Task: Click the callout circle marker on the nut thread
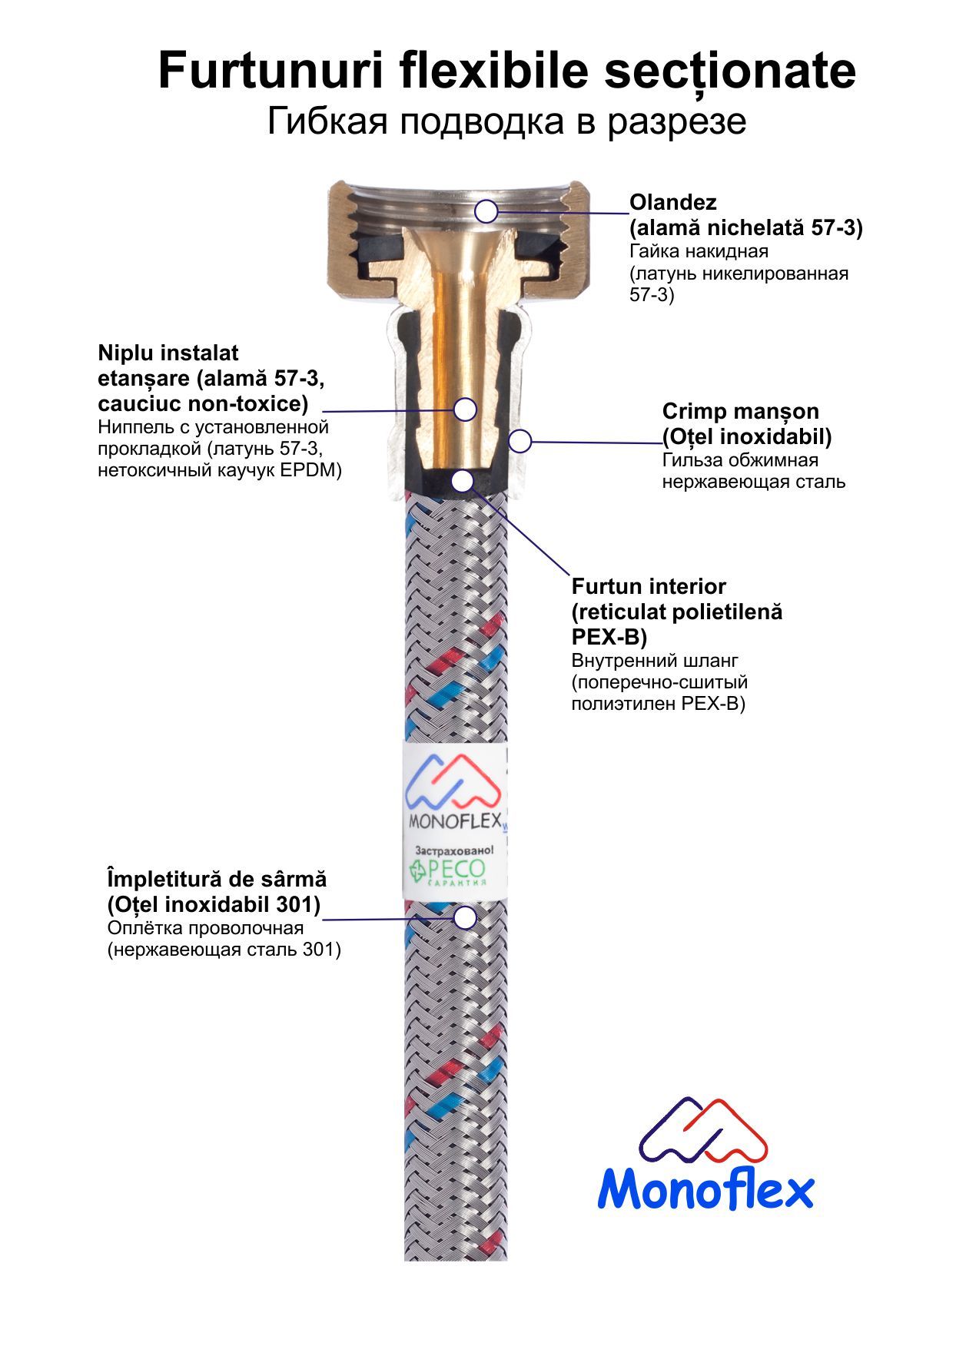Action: tap(486, 211)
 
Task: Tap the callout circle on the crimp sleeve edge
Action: tap(521, 441)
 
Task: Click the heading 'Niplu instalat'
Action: tap(168, 353)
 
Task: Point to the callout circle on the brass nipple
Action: tap(465, 409)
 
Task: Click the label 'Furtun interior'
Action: tap(649, 587)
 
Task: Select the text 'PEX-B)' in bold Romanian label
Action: tap(609, 638)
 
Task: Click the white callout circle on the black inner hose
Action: tap(462, 482)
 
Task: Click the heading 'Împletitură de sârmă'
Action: tap(217, 879)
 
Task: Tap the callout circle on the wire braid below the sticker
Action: tap(464, 917)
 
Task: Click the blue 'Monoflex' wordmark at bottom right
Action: tap(705, 1190)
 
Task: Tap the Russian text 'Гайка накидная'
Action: tap(699, 251)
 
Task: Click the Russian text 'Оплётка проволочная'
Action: tap(205, 928)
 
